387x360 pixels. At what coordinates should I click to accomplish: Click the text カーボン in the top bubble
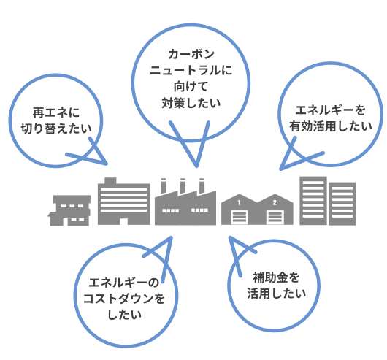191,54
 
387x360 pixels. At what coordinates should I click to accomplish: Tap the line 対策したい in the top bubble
191,103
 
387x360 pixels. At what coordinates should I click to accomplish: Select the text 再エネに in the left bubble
56,112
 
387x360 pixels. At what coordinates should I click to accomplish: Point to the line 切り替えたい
56,129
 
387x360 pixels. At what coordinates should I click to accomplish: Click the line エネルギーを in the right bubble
330,110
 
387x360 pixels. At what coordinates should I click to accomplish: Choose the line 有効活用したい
331,126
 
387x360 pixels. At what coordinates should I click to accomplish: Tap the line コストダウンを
124,299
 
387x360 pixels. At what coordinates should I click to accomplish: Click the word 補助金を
276,277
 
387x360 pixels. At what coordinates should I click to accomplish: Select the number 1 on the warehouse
239,202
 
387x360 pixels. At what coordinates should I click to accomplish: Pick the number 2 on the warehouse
275,202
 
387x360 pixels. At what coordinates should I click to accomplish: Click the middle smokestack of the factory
183,185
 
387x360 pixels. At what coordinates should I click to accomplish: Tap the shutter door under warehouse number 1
240,218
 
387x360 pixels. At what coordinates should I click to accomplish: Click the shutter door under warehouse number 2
275,218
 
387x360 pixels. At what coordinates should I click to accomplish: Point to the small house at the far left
69,210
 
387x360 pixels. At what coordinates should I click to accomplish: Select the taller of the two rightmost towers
313,201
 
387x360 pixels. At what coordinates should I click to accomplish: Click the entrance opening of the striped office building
124,221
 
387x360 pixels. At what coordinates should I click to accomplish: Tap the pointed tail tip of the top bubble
196,166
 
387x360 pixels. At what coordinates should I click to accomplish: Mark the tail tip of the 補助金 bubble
230,237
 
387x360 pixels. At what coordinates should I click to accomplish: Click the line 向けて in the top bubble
191,87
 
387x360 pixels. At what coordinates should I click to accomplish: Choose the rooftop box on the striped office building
110,180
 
